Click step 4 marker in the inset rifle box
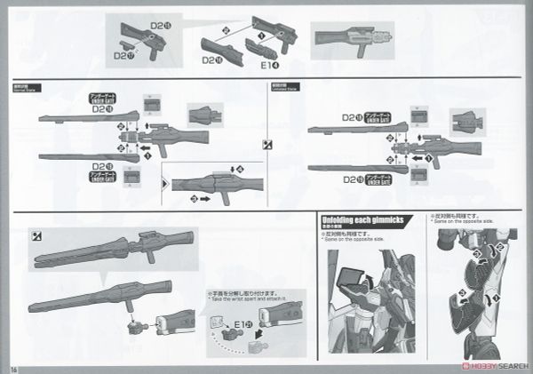tap(235, 169)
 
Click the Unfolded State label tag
tap(285, 87)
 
